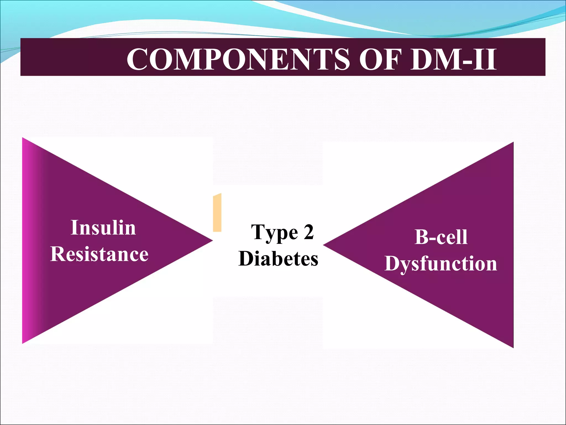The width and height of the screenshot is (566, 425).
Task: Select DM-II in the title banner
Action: [x=454, y=59]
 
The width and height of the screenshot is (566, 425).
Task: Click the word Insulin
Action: [x=103, y=228]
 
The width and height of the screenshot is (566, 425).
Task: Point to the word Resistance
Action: [x=99, y=254]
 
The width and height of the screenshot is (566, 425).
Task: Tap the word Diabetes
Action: [x=278, y=258]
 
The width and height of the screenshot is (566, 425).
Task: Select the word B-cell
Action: [x=441, y=237]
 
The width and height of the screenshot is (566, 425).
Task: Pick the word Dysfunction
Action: [x=441, y=263]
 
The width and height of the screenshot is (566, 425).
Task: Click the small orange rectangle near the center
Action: [x=217, y=212]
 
